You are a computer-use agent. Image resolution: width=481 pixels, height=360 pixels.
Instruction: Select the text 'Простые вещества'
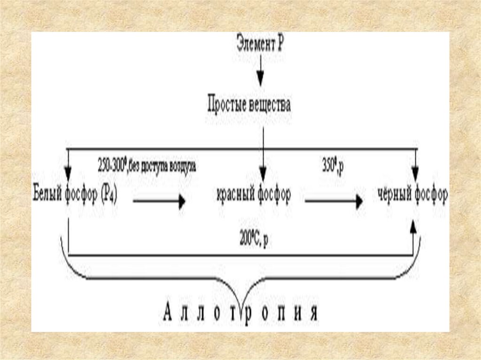coord(249,105)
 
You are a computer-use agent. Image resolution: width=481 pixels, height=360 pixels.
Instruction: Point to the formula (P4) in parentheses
coord(108,194)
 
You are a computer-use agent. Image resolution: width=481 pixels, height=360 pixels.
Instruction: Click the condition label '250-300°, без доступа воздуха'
coord(147,166)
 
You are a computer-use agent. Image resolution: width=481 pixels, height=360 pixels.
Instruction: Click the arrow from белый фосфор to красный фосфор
coord(159,202)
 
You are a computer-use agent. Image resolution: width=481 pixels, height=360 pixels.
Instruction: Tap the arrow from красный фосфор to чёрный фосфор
coord(334,202)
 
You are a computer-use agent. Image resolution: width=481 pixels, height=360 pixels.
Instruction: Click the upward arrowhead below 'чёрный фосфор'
coord(413,227)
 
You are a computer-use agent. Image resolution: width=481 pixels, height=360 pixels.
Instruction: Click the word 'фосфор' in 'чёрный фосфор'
coord(431,194)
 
